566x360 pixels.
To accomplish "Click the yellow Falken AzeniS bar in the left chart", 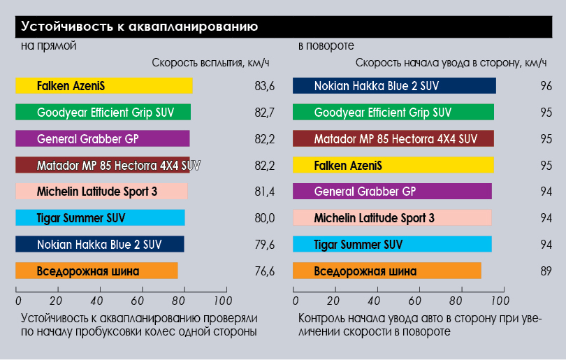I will (x=104, y=86).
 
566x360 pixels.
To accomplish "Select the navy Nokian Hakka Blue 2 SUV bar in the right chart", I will (x=394, y=86).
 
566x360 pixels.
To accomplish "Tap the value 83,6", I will (x=265, y=86).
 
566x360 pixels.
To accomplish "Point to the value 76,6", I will (x=265, y=271).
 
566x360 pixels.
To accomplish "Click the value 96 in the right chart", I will (x=546, y=86).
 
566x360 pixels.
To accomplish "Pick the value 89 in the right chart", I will (x=546, y=271).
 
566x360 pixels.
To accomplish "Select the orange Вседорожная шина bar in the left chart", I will (x=96, y=271).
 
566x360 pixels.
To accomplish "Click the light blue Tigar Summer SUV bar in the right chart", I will (x=392, y=245).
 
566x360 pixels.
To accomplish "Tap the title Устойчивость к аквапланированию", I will (x=140, y=27).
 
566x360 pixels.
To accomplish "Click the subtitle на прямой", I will (x=48, y=46).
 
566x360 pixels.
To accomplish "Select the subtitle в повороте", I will (x=322, y=46).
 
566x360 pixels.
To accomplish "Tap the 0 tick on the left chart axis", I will (x=17, y=301).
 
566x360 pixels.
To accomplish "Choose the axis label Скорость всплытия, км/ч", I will (x=210, y=63).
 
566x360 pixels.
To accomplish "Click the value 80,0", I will (x=265, y=218).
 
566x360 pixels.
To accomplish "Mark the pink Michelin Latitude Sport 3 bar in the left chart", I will (x=101, y=192).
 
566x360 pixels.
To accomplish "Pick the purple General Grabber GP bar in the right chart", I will (x=392, y=192).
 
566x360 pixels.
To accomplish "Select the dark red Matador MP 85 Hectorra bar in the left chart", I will (x=108, y=166).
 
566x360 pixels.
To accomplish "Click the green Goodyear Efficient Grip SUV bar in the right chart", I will (x=393, y=113).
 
